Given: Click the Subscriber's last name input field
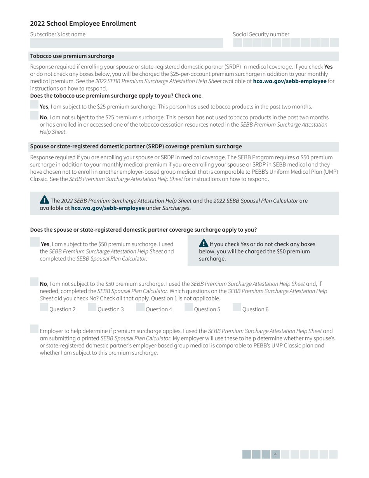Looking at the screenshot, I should (x=127, y=43).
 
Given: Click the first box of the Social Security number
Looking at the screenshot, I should (x=237, y=43).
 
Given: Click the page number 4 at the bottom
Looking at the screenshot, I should (x=275, y=454).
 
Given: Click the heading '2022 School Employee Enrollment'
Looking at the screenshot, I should (x=83, y=24).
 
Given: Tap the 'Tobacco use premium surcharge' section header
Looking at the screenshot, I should (x=72, y=56).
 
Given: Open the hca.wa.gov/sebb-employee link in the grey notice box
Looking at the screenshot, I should (x=108, y=208).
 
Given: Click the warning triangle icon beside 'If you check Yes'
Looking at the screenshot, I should (x=204, y=243).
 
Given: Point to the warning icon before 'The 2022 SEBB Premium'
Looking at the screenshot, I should (x=44, y=200).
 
